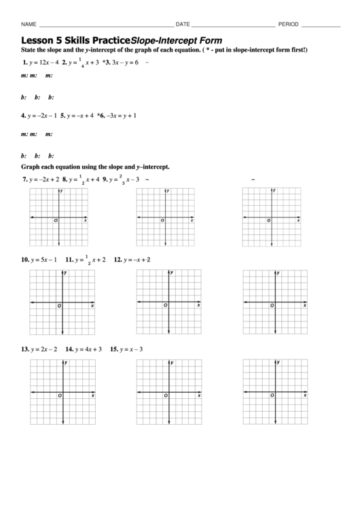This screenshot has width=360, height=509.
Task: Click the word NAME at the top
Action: click(28, 24)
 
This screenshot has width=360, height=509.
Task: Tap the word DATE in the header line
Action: click(183, 24)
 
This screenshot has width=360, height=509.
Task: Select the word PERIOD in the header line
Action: click(288, 24)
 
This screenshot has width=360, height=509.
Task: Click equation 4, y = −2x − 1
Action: click(39, 116)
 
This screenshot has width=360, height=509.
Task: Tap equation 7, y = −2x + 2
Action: click(40, 180)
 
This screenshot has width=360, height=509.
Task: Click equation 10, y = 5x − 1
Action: click(40, 260)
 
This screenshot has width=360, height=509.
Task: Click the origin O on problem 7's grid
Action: click(56, 221)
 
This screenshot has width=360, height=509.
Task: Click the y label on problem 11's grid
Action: click(172, 273)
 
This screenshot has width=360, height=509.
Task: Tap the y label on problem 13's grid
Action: click(65, 363)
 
